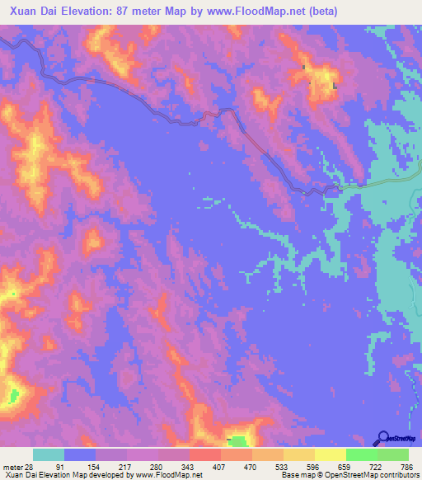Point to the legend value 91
click(x=59, y=467)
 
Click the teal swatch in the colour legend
click(x=49, y=455)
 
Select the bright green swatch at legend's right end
click(x=393, y=455)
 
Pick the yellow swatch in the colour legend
click(x=330, y=455)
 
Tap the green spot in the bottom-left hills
click(x=12, y=397)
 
